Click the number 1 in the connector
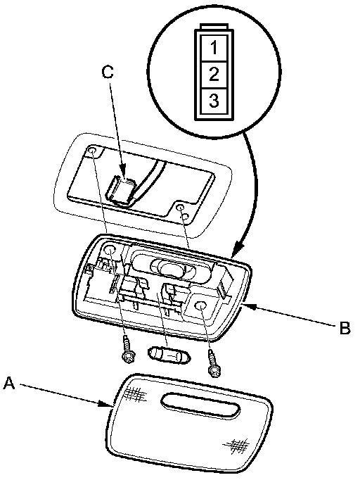click(x=214, y=48)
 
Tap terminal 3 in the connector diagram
click(x=214, y=101)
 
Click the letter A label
click(x=9, y=383)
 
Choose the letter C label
click(x=108, y=72)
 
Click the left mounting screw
click(x=127, y=350)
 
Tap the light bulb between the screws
click(x=169, y=355)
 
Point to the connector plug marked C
click(x=120, y=189)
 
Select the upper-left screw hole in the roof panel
click(x=92, y=151)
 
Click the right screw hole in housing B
click(x=200, y=306)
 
